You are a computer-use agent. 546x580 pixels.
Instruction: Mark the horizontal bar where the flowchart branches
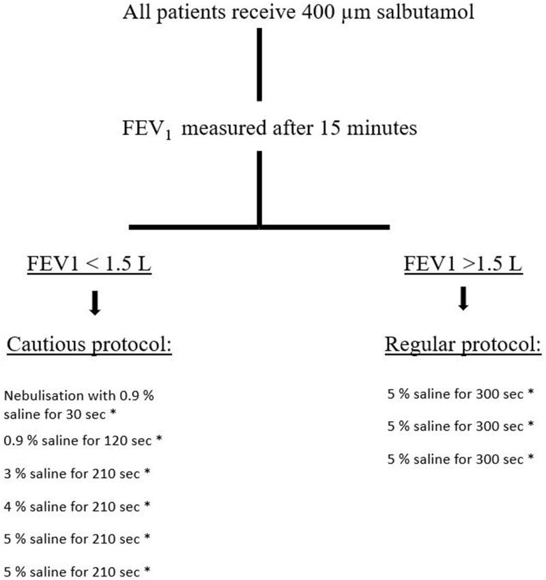point(259,226)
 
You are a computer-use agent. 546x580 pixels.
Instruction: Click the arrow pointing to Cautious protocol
point(96,304)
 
